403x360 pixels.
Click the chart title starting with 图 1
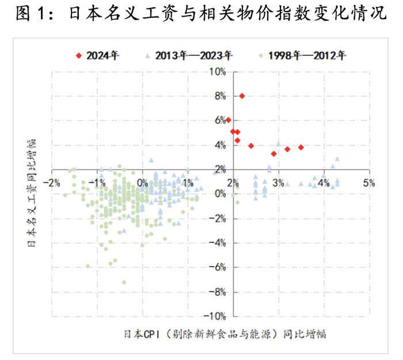tap(201, 13)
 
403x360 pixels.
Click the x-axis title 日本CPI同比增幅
tap(229, 334)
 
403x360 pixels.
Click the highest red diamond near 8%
tap(242, 96)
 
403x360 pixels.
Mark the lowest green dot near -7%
tap(124, 282)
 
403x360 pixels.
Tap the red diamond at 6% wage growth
tap(229, 120)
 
